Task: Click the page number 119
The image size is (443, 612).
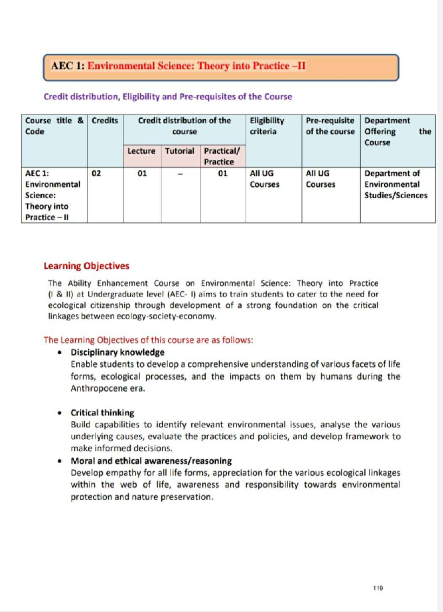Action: tap(378, 588)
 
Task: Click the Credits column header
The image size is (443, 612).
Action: tap(105, 121)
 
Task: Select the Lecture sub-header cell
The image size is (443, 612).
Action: tap(141, 151)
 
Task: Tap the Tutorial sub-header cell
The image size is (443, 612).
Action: tap(179, 151)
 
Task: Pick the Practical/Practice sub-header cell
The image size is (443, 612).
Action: tap(221, 156)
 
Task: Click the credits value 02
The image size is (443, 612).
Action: tap(96, 173)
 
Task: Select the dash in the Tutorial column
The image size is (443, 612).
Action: tap(180, 174)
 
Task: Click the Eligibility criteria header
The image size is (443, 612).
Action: tap(267, 126)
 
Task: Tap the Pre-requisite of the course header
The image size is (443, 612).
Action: tap(330, 126)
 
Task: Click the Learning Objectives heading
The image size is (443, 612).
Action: tap(86, 266)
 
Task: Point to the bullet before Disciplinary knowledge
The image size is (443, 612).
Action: tap(60, 352)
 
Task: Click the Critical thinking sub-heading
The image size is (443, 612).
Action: tap(102, 413)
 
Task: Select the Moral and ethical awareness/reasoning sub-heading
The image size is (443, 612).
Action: tap(151, 461)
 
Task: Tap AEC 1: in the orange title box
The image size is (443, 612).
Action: tap(68, 66)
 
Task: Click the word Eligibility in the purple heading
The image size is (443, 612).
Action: tap(141, 97)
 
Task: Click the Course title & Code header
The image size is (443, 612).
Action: tap(54, 126)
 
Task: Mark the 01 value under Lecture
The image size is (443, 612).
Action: tap(142, 173)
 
